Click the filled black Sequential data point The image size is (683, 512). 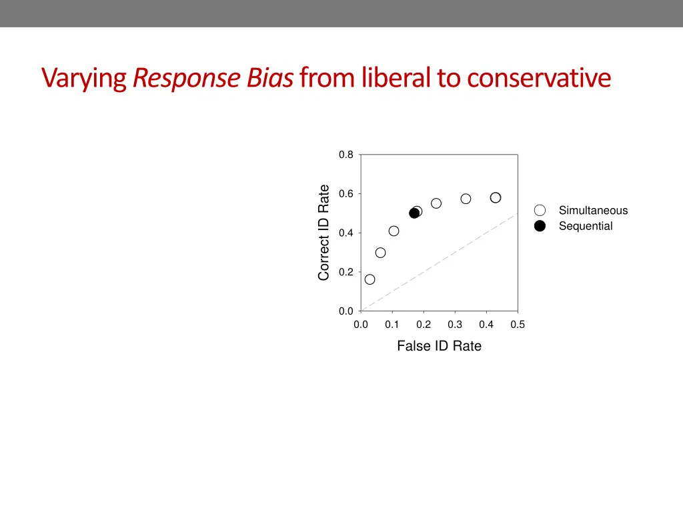(414, 213)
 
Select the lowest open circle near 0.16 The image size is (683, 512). (370, 279)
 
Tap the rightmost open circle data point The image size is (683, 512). (496, 197)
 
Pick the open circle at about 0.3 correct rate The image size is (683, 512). (380, 253)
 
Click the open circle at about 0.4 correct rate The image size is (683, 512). (394, 231)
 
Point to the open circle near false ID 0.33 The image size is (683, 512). (466, 199)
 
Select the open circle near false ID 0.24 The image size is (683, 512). (436, 203)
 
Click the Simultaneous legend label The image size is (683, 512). (593, 211)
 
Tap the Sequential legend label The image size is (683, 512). (586, 226)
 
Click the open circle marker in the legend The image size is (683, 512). (540, 211)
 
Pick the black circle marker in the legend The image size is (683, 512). (540, 226)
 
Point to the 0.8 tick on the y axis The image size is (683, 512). (346, 155)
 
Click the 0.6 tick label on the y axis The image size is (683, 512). (346, 194)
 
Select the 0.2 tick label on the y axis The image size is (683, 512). (346, 272)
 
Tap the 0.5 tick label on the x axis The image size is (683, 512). (518, 325)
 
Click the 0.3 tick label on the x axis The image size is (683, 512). (455, 325)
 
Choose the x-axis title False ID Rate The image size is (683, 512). (439, 346)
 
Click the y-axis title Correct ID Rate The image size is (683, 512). (324, 233)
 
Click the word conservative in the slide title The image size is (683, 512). (538, 78)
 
